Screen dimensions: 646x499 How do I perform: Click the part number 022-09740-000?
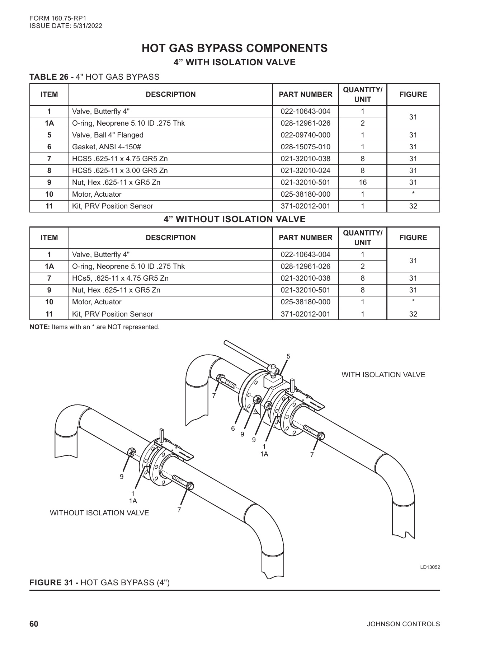coord(305,135)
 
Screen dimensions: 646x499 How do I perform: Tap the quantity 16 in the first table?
coord(362,182)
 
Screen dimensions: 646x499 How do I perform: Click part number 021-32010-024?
coord(305,170)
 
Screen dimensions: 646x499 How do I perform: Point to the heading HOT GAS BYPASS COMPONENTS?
coord(235,48)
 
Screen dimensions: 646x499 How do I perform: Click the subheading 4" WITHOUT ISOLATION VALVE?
coord(235,219)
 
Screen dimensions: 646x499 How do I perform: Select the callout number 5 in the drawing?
coord(288,356)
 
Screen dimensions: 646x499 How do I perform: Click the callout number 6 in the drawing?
coord(233,428)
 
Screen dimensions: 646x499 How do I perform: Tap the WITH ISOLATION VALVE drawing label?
coord(383,375)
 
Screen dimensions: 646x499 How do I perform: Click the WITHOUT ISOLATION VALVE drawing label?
coord(99,513)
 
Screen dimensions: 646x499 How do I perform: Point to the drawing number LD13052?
coord(430,567)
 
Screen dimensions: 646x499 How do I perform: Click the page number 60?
coord(34,624)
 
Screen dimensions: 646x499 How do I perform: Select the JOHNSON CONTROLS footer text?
coord(403,624)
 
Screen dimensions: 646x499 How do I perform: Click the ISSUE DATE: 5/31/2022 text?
coord(66,26)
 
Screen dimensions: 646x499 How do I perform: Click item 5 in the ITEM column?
coord(49,135)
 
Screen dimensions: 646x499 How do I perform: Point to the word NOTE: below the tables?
coord(40,327)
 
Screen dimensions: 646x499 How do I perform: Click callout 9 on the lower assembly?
coord(122,477)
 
